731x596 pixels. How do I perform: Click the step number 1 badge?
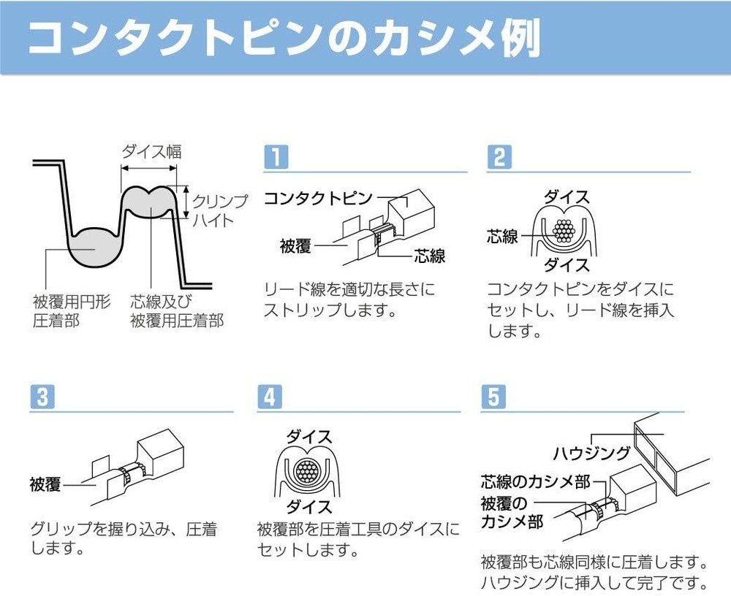point(276,156)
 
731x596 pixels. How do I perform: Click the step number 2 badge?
point(499,156)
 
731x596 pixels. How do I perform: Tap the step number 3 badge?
point(42,397)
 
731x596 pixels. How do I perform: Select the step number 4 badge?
point(270,397)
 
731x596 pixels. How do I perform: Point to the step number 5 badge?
point(493,397)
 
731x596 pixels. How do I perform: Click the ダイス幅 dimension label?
point(151,151)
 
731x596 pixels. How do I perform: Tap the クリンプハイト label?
point(219,210)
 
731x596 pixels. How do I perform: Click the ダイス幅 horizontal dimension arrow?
point(149,168)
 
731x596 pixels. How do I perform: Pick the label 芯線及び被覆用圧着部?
point(177,311)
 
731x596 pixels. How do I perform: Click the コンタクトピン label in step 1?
point(319,199)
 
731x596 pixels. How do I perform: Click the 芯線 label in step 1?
point(430,256)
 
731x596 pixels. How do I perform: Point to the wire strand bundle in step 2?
point(564,231)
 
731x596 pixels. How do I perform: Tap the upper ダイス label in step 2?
point(567,197)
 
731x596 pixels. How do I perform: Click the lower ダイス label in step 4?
point(309,506)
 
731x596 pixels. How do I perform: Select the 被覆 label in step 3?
point(45,484)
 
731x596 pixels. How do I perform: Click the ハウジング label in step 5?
point(591,453)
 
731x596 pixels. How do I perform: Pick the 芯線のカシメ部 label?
point(536,481)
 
